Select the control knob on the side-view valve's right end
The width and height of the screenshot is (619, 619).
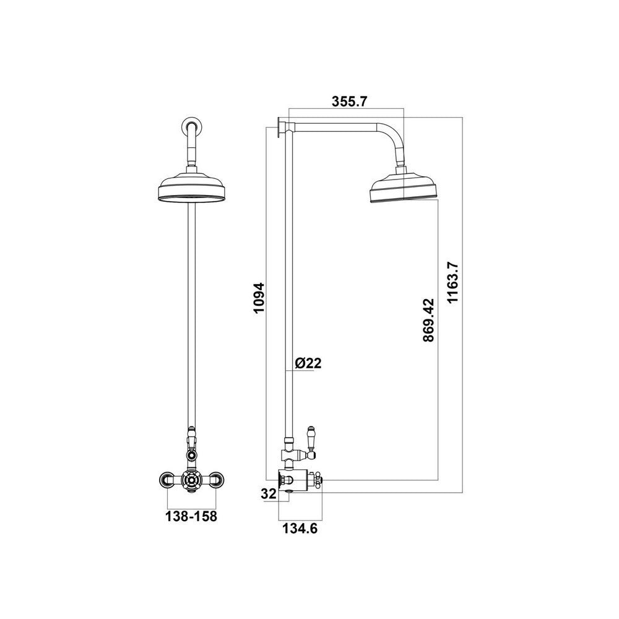coord(319,480)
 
